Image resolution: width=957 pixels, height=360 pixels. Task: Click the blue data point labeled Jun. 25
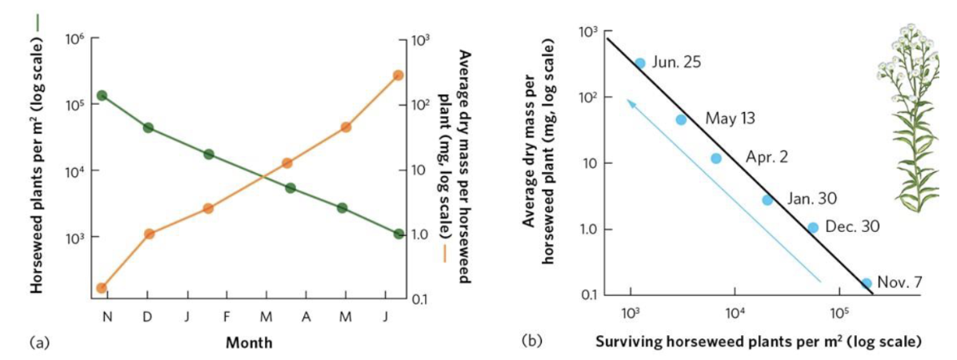[639, 63]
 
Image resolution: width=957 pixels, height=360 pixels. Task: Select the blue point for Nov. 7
[866, 283]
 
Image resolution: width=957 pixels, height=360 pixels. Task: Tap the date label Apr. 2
[767, 156]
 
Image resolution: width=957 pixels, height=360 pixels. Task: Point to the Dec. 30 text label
[852, 226]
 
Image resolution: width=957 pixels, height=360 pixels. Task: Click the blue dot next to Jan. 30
[767, 200]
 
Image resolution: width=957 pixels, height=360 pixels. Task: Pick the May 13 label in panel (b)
[730, 118]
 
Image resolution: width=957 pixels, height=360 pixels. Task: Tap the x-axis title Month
[248, 343]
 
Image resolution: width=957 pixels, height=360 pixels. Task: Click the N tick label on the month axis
[107, 318]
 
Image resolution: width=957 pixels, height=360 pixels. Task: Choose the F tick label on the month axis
[226, 318]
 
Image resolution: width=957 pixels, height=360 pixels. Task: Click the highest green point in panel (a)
[102, 96]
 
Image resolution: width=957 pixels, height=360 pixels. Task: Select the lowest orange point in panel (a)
[102, 288]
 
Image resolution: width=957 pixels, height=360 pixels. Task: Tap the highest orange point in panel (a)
[398, 75]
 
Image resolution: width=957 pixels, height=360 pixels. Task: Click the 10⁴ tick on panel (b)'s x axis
[734, 310]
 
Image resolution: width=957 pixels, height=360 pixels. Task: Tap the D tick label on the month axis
[148, 318]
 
